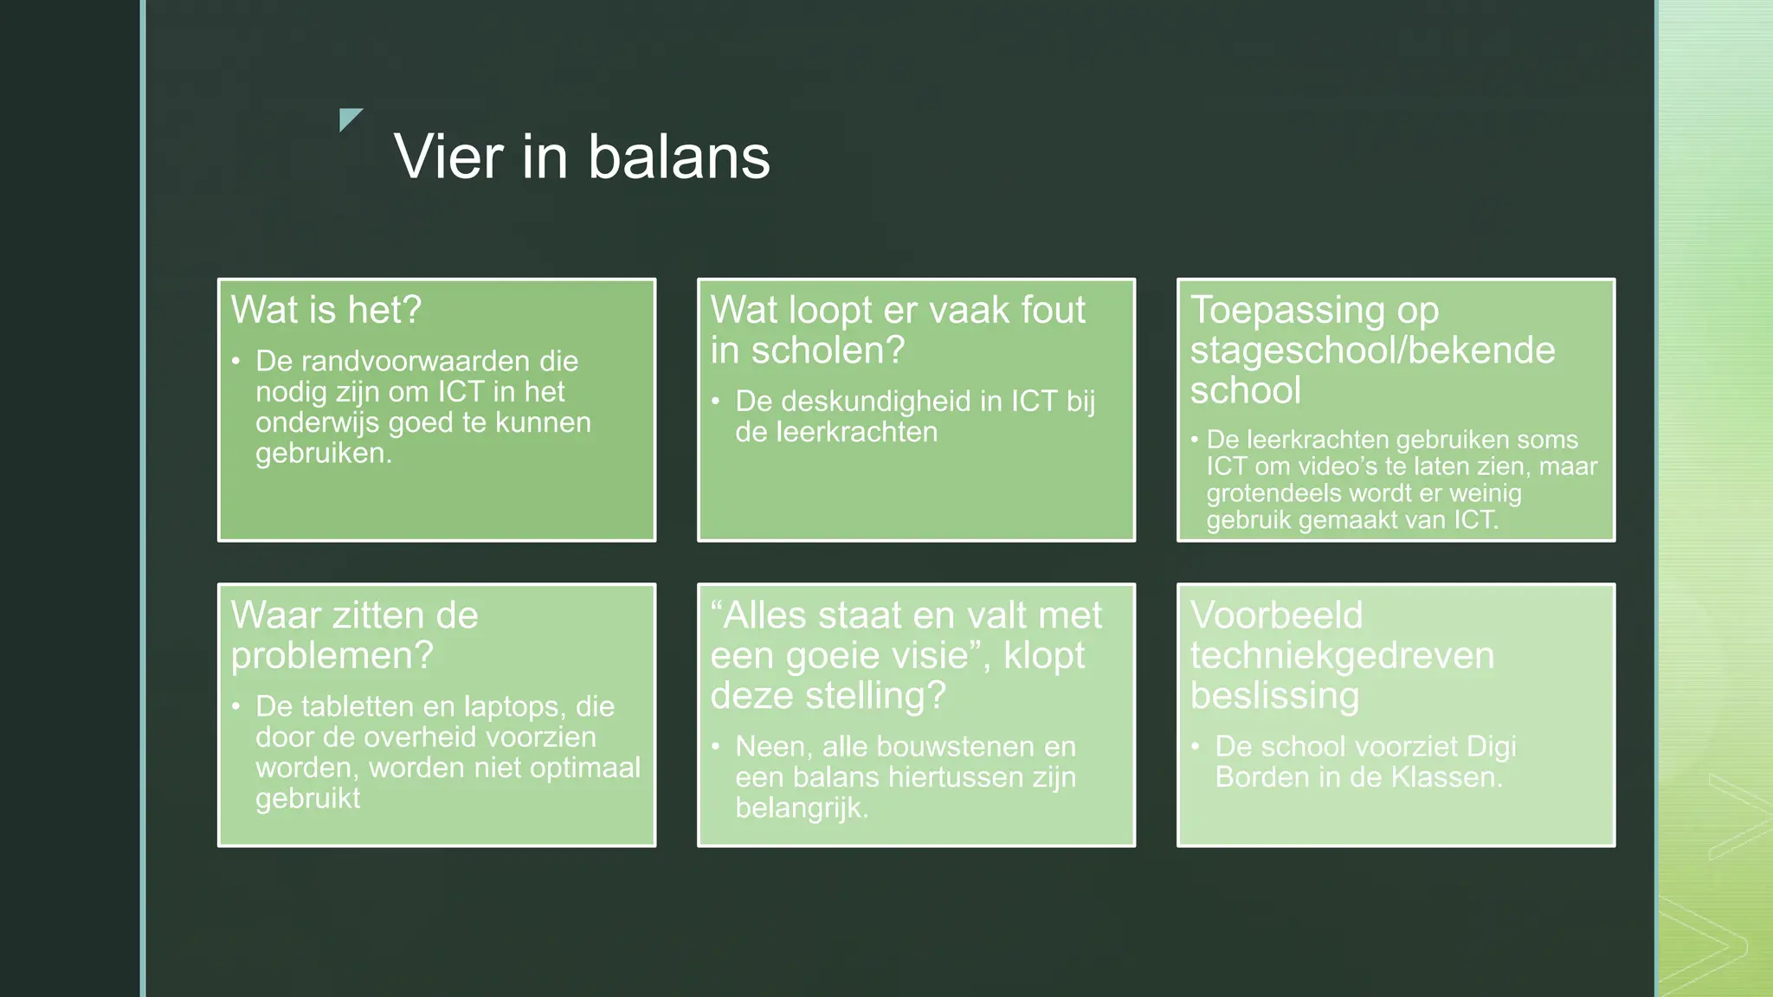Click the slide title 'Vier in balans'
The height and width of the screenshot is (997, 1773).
click(x=582, y=157)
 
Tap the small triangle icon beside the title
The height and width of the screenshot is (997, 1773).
click(x=349, y=119)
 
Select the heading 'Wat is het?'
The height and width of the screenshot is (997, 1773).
click(x=326, y=310)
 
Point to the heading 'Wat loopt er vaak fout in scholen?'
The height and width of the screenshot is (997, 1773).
click(x=898, y=330)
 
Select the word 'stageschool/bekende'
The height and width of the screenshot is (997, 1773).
click(x=1372, y=351)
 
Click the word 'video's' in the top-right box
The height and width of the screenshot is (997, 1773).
click(x=1337, y=466)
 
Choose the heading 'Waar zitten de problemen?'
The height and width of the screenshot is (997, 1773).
click(x=354, y=635)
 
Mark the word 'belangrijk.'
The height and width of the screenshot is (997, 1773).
click(x=802, y=808)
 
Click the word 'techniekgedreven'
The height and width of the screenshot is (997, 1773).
click(x=1342, y=656)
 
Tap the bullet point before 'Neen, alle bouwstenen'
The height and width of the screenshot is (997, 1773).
click(x=716, y=747)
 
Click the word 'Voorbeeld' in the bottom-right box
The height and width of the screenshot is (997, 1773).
click(x=1276, y=615)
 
